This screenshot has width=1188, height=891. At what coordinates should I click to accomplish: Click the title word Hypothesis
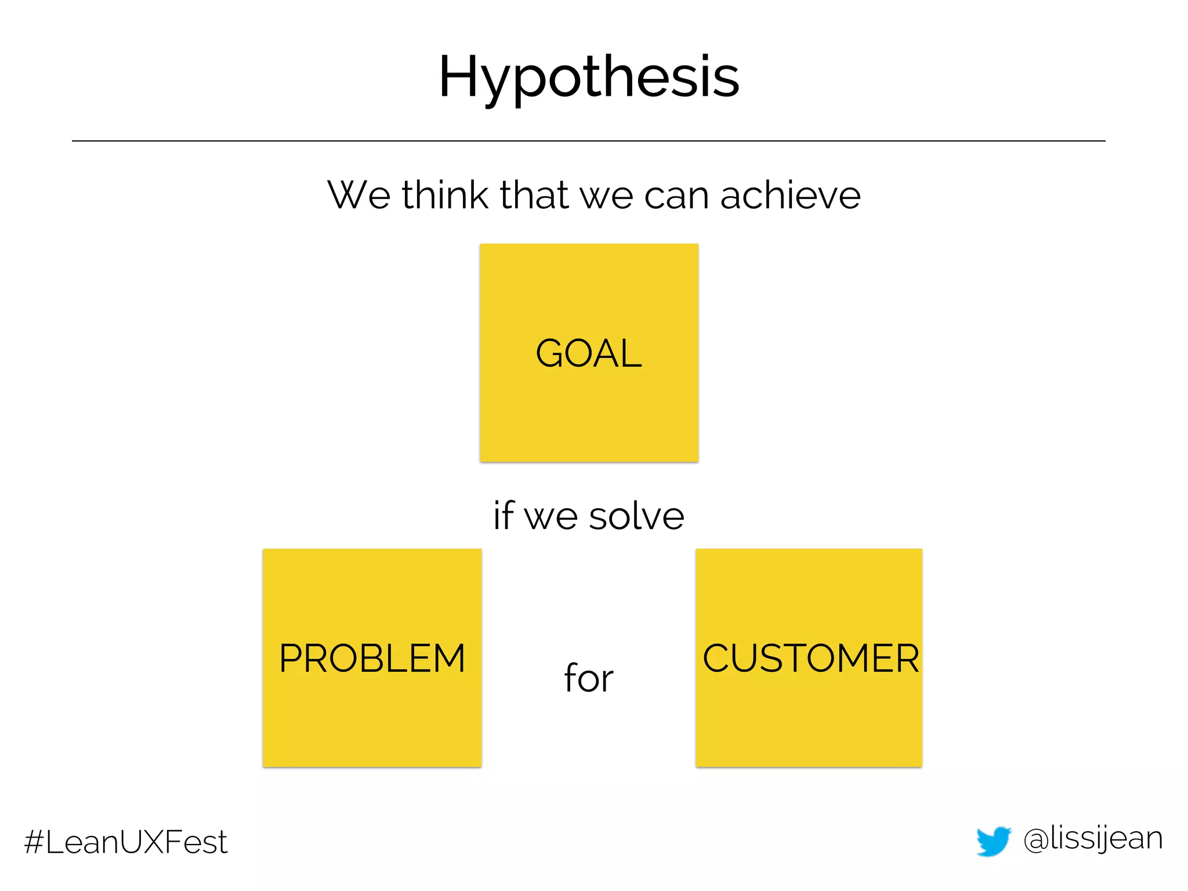point(589,77)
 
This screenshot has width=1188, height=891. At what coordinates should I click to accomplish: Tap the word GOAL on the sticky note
point(589,353)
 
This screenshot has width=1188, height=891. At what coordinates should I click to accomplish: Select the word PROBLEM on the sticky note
point(372,658)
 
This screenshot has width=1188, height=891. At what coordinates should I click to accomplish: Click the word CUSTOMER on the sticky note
point(810,658)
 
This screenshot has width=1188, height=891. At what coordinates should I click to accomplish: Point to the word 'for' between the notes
point(589,678)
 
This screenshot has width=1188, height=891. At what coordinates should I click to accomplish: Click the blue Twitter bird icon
point(993,841)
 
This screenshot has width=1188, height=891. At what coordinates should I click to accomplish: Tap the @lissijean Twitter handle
point(1093,839)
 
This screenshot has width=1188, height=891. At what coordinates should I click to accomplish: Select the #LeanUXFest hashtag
point(126,842)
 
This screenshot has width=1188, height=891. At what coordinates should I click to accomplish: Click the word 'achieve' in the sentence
point(790,195)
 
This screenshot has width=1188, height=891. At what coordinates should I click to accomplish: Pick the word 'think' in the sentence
point(445,195)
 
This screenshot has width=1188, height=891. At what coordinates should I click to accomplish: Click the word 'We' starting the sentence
point(359,195)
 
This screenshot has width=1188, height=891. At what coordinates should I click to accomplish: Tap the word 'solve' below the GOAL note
point(636,516)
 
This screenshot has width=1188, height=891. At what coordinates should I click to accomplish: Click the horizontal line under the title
point(589,141)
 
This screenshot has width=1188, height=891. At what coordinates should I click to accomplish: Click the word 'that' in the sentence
point(534,195)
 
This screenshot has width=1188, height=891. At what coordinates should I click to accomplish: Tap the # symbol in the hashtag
point(34,842)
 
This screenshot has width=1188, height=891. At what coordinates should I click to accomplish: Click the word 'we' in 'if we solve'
point(549,517)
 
